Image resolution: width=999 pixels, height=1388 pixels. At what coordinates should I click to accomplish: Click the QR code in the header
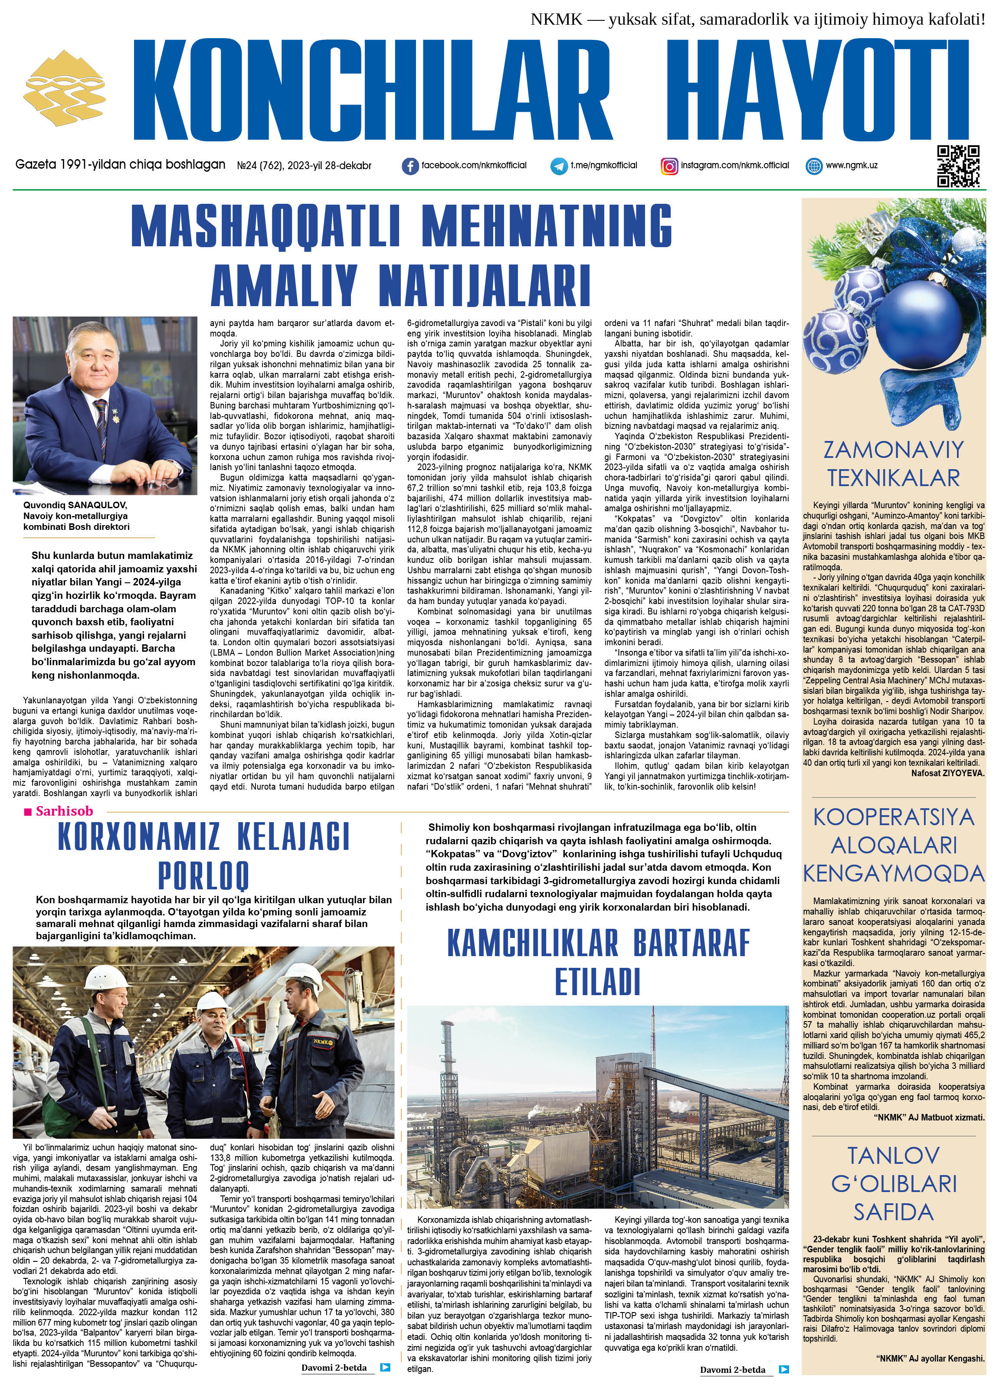(x=958, y=165)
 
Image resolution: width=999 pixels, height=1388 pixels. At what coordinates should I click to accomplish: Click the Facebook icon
(x=410, y=166)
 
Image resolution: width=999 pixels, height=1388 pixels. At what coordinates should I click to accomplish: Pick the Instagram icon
(x=670, y=166)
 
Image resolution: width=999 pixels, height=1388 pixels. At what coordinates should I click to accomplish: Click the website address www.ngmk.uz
(x=852, y=165)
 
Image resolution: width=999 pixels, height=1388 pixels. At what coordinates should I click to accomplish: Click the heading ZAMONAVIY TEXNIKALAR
(x=893, y=463)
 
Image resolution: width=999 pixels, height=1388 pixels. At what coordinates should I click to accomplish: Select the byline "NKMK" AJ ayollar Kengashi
(x=930, y=1371)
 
